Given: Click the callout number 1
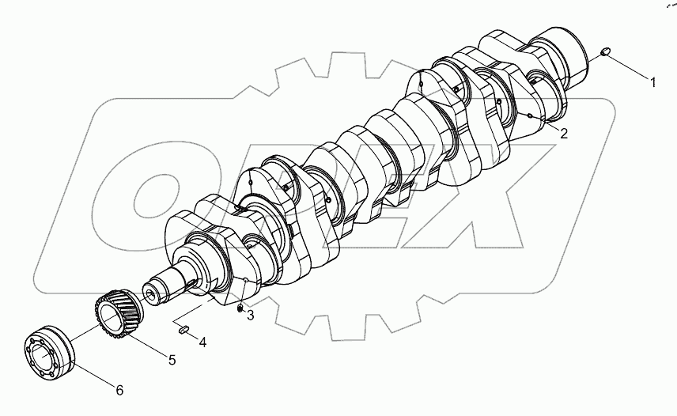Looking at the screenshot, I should [x=652, y=81].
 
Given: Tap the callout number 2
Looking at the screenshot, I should [x=563, y=134].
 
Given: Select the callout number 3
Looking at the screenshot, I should [x=250, y=316].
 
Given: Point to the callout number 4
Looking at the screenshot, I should [x=202, y=342].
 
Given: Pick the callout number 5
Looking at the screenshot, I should [x=171, y=360].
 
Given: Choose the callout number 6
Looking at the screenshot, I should [x=119, y=390].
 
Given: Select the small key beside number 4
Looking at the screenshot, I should [x=183, y=329].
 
